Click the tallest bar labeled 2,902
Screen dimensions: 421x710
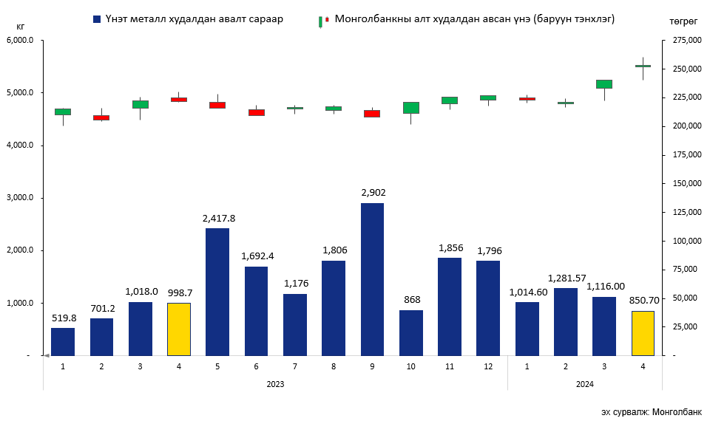tap(372, 279)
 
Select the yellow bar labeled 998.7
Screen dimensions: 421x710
tap(179, 329)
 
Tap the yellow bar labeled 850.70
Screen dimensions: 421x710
tap(643, 333)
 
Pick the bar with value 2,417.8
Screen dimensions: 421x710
tap(217, 292)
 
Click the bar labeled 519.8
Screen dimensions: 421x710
tap(63, 341)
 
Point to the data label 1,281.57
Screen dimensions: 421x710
tap(566, 278)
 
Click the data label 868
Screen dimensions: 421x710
tap(410, 300)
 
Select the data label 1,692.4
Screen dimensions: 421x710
tap(256, 256)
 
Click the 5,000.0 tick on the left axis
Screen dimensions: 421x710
tap(21, 93)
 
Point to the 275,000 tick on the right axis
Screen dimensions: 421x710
tap(685, 41)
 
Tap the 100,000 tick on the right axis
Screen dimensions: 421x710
tap(685, 241)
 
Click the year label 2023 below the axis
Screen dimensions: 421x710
tap(275, 384)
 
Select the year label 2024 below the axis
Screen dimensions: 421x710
tap(585, 384)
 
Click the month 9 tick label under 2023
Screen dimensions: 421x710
tap(372, 366)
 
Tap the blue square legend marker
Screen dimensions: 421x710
tap(98, 18)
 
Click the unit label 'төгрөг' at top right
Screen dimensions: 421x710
tap(683, 23)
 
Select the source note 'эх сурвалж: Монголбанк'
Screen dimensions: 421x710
tap(651, 411)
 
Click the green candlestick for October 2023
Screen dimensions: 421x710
tap(410, 108)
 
